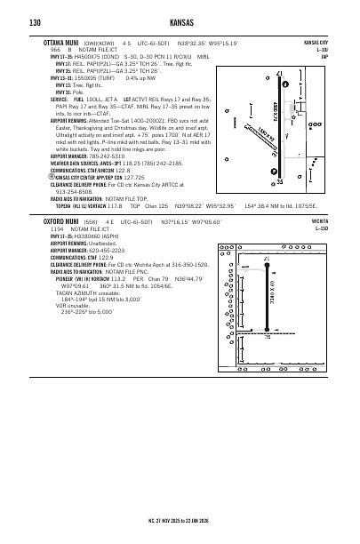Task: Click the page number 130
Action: (x=35, y=22)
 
